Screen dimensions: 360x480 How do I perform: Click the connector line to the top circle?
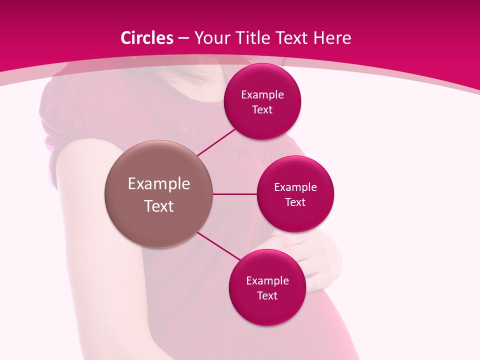(216, 142)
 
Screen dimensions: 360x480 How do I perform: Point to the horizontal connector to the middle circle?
(234, 194)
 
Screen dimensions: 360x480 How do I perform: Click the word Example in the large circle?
(158, 184)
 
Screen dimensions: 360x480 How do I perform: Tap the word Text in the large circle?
(158, 206)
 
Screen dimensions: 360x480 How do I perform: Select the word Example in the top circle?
(262, 95)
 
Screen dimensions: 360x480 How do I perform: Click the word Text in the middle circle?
(295, 202)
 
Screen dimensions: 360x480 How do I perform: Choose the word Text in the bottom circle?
(267, 295)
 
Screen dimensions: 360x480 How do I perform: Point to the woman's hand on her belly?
(320, 260)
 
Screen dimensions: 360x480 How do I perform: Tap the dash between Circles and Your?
(183, 38)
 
